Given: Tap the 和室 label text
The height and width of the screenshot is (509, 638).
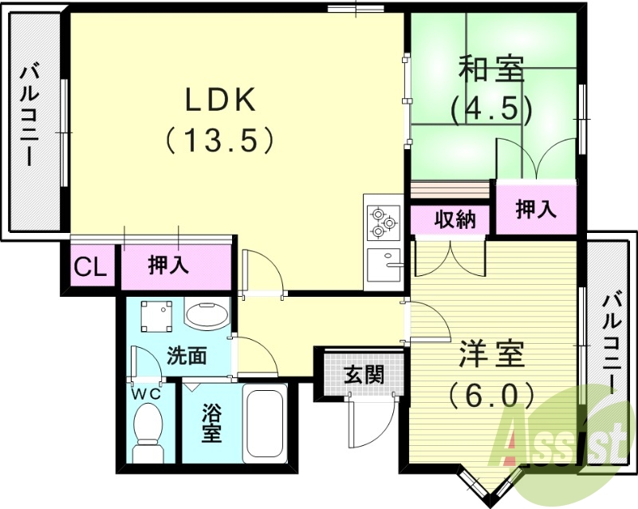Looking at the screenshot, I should (491, 70).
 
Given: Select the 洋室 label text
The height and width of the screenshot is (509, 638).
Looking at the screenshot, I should (492, 354).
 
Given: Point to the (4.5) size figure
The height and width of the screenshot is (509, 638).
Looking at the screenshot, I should (491, 109).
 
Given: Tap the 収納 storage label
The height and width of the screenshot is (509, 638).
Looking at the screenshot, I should (455, 220).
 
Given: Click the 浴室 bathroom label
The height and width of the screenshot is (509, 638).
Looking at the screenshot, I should (211, 424).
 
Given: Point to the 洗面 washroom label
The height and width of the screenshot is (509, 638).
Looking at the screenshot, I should (187, 356).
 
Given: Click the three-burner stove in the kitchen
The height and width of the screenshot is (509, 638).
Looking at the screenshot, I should (382, 222).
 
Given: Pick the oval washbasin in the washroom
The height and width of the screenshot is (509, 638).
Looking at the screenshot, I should (206, 314).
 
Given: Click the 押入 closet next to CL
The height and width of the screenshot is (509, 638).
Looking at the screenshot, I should (169, 266).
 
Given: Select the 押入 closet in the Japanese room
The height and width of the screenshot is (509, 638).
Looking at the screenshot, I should (535, 209).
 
